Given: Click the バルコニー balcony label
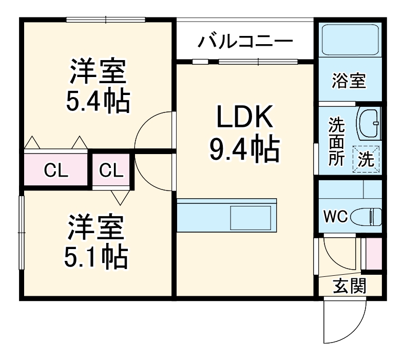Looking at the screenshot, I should click(x=245, y=41).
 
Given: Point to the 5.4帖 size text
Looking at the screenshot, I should click(x=97, y=101).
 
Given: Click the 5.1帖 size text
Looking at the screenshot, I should click(x=96, y=257).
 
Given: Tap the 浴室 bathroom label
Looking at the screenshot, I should click(x=349, y=81).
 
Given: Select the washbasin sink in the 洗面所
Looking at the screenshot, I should click(x=369, y=123).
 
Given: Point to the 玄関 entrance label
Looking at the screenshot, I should click(x=350, y=286).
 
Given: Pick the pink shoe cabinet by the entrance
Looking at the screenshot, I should click(x=373, y=254).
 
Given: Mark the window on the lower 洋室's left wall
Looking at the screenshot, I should click(x=22, y=232).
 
